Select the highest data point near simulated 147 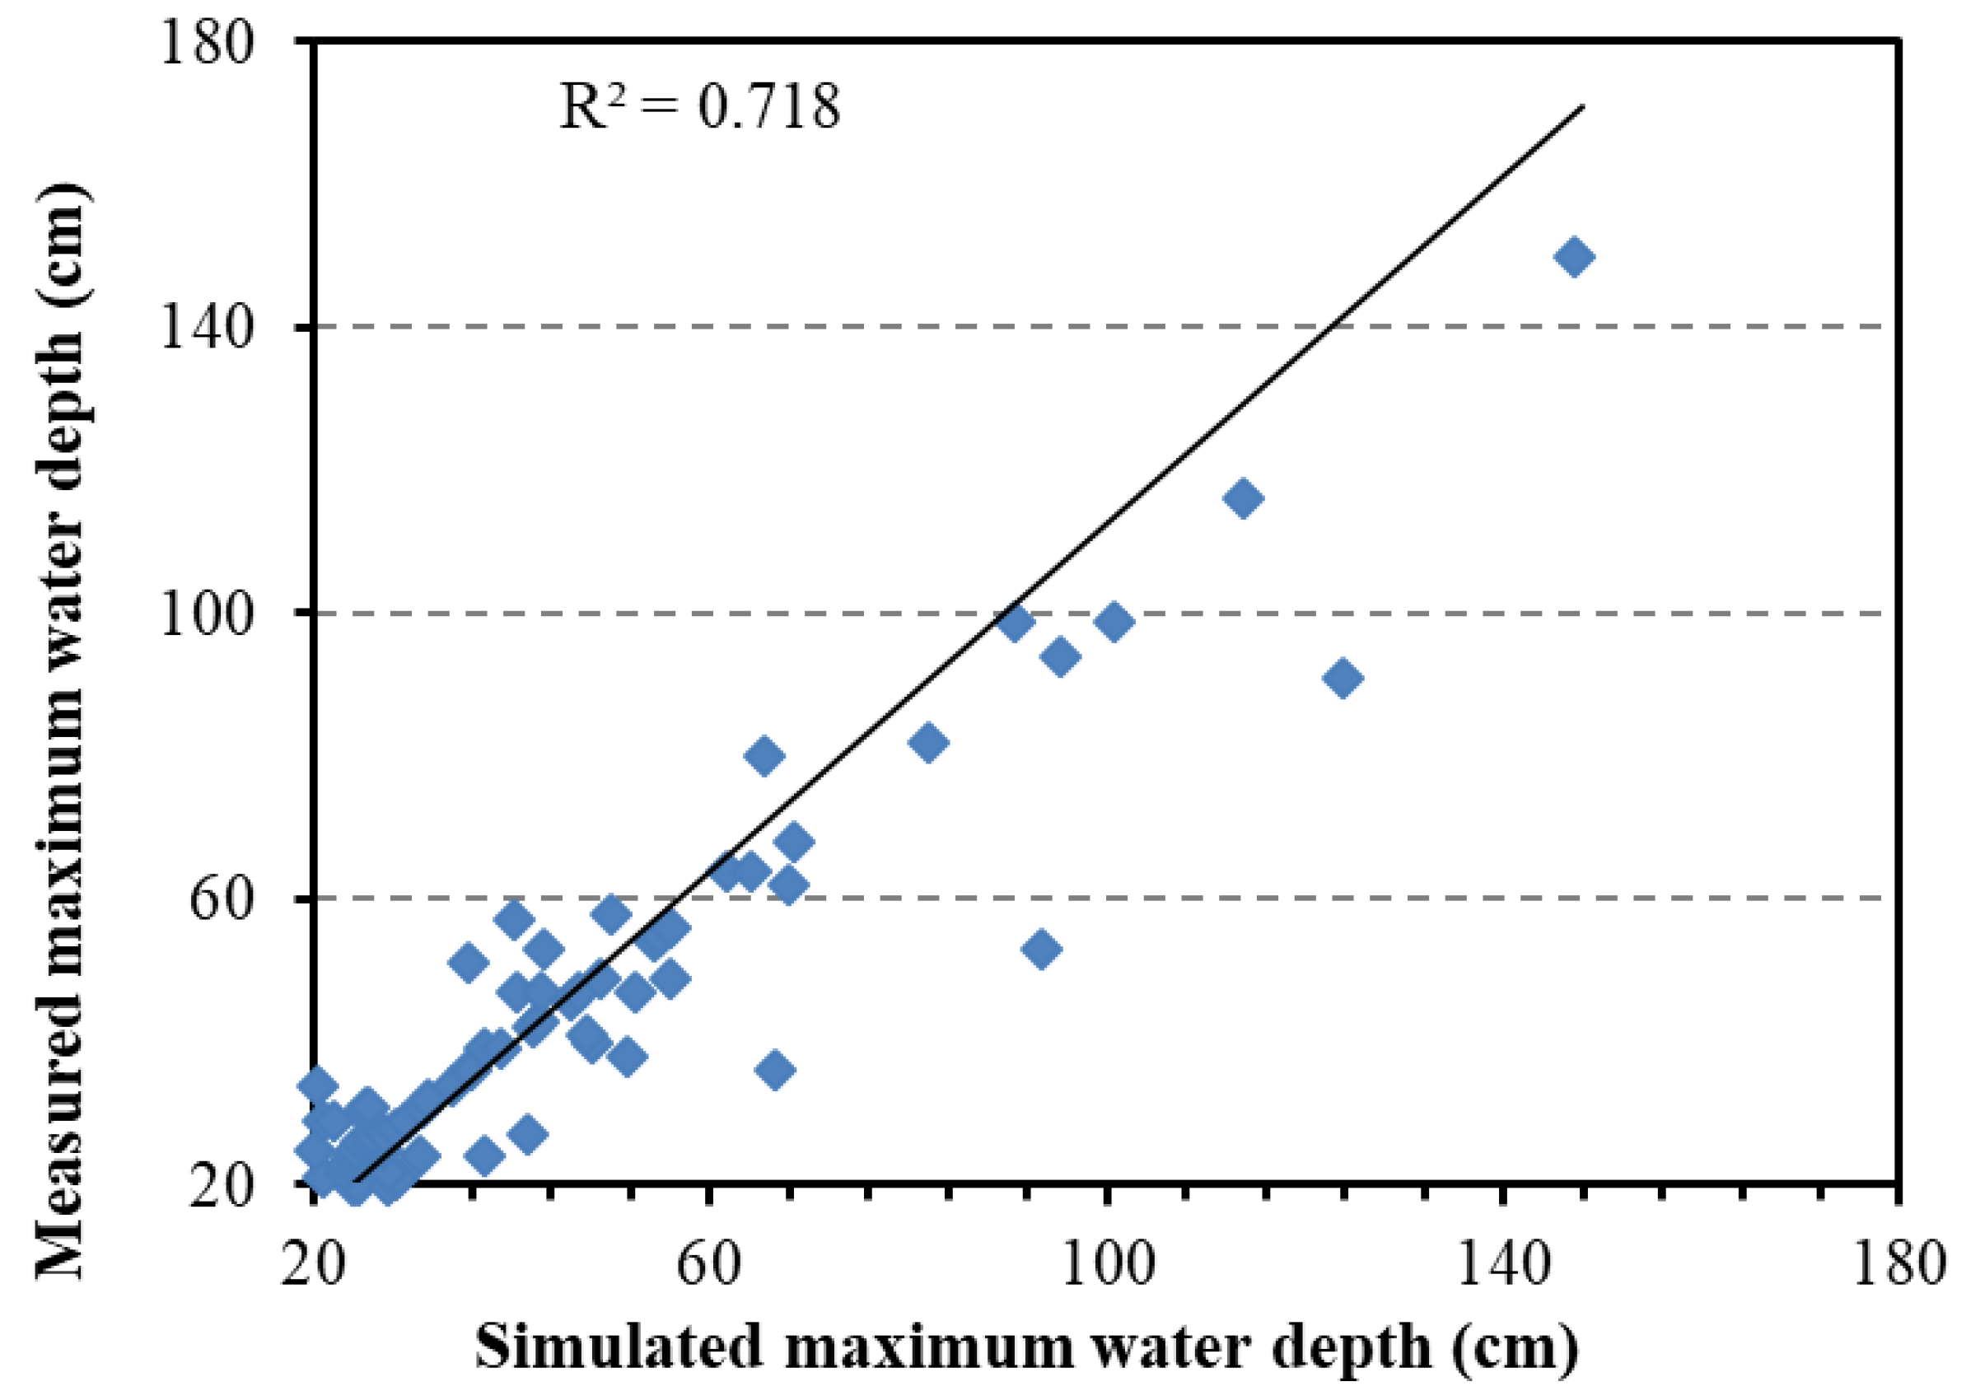[x=1574, y=257]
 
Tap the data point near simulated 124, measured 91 [x=1343, y=679]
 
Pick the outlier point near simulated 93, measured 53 [x=1041, y=949]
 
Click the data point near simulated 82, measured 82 [x=927, y=742]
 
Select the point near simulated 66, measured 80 [x=764, y=755]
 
